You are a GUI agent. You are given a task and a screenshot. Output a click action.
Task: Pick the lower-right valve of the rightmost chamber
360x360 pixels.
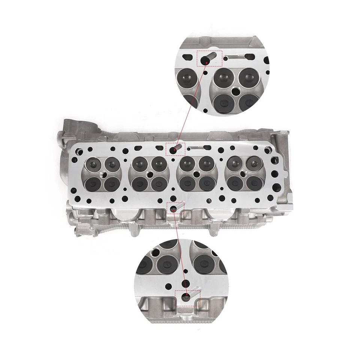click(254, 182)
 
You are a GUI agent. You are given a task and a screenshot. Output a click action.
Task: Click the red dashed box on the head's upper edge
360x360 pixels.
click(175, 149)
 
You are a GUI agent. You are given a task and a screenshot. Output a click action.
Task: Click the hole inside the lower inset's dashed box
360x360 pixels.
click(186, 297)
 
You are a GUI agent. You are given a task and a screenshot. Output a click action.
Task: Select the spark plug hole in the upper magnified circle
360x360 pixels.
click(236, 91)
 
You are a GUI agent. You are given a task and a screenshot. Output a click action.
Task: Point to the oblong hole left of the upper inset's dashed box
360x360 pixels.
click(186, 58)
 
